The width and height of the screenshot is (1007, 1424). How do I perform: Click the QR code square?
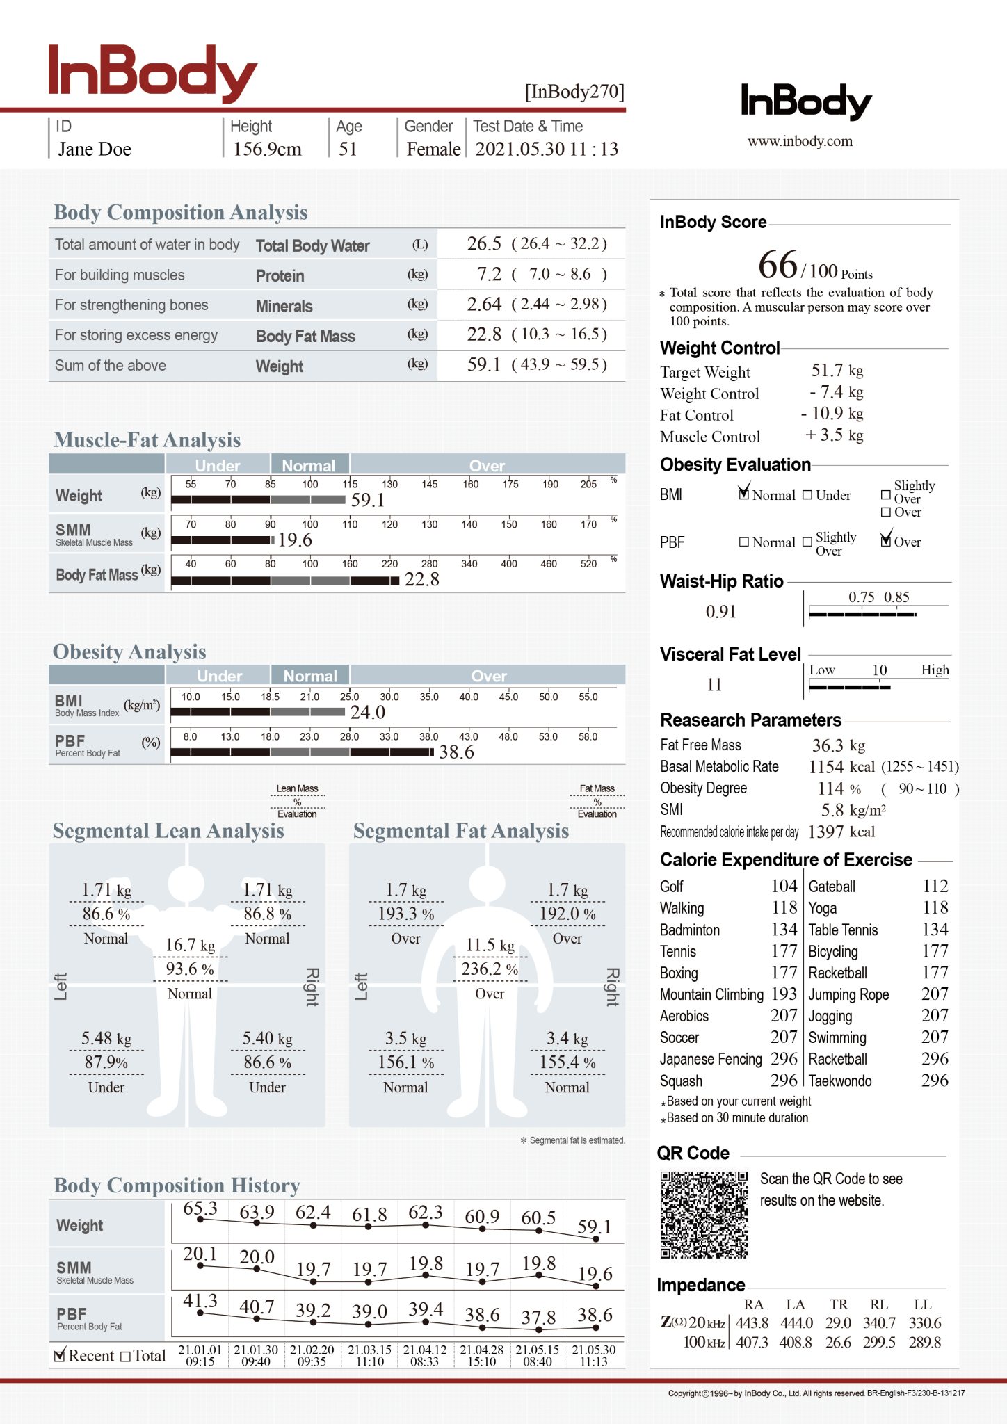point(704,1215)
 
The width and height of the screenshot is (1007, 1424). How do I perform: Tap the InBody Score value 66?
point(778,265)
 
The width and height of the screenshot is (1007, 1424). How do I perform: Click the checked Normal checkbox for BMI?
point(744,494)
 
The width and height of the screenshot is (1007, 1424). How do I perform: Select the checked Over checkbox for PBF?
point(886,540)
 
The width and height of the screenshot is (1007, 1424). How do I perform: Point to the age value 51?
point(348,149)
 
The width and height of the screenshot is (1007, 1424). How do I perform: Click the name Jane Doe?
point(95,149)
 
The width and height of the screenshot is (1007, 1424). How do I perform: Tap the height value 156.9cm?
point(267,149)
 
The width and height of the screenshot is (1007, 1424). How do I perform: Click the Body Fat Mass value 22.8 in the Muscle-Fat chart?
point(421,579)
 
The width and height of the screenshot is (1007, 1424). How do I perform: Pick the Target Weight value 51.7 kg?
point(837,371)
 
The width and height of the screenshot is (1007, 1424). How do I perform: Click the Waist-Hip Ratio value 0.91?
point(720,612)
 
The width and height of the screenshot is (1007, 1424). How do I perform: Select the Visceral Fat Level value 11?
point(714,685)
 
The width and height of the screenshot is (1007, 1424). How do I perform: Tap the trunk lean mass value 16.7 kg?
point(190,946)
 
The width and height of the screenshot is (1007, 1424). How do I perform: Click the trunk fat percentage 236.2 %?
point(490,969)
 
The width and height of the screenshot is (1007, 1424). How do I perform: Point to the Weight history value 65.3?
point(200,1209)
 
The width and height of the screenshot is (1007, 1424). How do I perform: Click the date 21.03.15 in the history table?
point(369,1350)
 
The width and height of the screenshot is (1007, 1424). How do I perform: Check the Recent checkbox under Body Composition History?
point(60,1355)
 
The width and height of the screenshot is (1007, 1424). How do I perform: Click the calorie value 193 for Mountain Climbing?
point(784,994)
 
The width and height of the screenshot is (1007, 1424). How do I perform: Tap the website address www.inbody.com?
point(800,141)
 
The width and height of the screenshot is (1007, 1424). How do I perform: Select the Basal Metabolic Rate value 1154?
point(826,767)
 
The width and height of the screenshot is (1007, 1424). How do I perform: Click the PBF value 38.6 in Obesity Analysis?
point(456,752)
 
